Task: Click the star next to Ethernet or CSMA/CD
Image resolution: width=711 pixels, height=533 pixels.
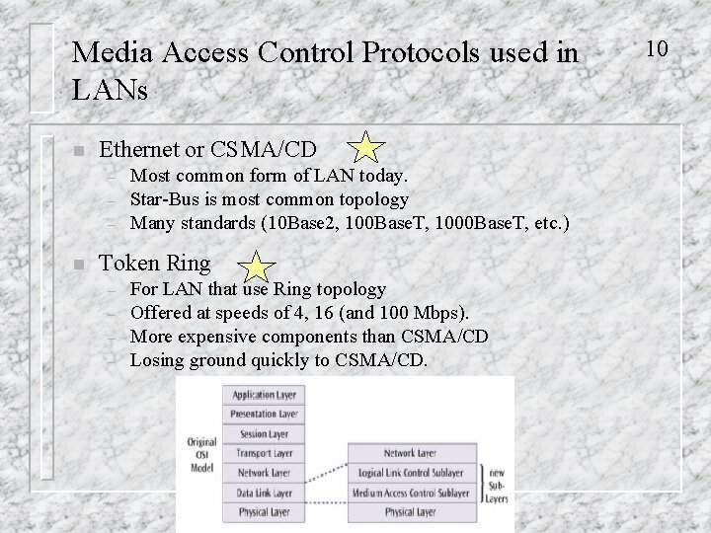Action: [366, 148]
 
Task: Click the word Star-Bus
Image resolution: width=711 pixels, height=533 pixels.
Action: [165, 198]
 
